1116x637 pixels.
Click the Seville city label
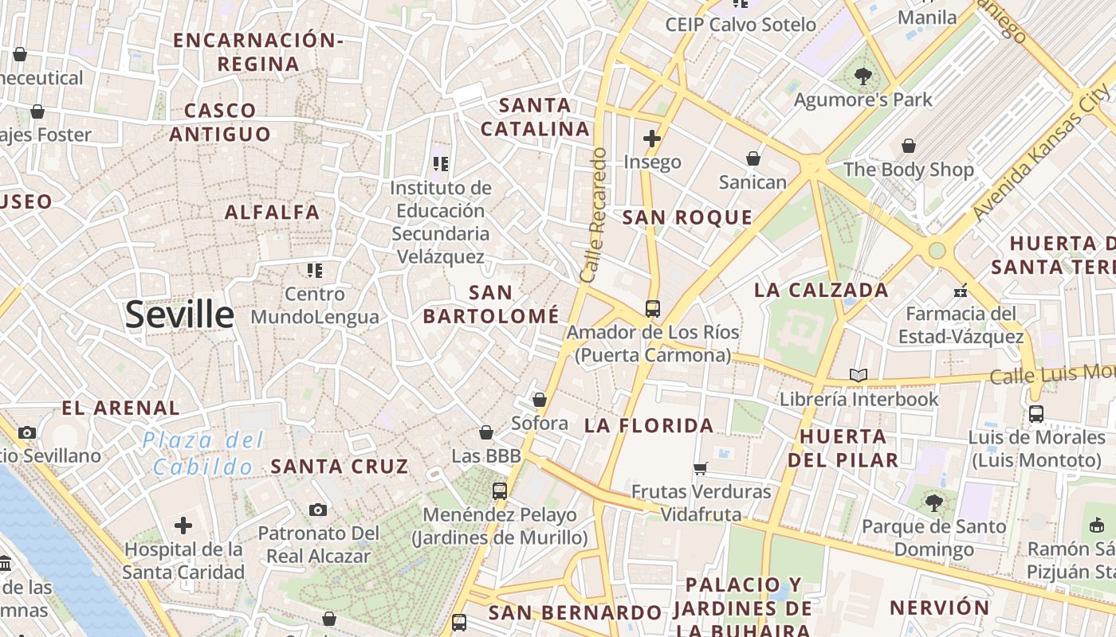click(x=179, y=315)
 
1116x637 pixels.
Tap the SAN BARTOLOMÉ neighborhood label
click(x=491, y=304)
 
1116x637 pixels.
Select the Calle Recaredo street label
click(x=594, y=215)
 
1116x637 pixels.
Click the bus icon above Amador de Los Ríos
click(x=652, y=308)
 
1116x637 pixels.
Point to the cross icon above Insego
click(x=652, y=139)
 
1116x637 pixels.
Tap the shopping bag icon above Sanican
click(x=753, y=158)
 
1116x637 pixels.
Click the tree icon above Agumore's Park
click(x=863, y=76)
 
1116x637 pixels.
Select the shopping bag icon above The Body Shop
click(x=908, y=146)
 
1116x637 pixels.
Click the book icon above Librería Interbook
click(x=858, y=375)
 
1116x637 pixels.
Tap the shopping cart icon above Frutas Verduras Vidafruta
click(x=701, y=468)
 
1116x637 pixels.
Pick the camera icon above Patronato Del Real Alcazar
click(x=318, y=510)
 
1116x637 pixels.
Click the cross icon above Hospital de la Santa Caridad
click(x=183, y=526)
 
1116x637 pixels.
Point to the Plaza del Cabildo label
click(x=203, y=453)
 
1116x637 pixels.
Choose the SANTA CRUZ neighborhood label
click(x=340, y=467)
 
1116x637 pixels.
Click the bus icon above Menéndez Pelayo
click(x=500, y=491)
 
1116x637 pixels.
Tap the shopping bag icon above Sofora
click(x=540, y=400)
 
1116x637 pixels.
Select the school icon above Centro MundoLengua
click(x=315, y=271)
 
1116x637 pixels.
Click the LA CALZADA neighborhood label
click(x=821, y=290)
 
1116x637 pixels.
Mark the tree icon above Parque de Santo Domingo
click(x=933, y=503)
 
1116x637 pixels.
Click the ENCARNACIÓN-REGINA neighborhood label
click(x=258, y=52)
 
